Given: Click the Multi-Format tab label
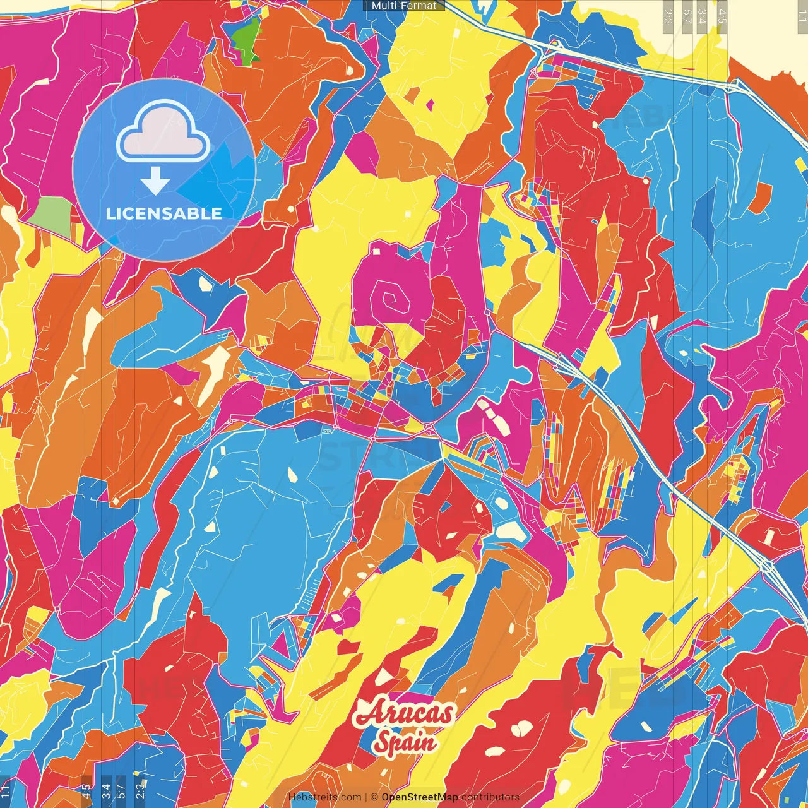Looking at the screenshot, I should click(x=404, y=6).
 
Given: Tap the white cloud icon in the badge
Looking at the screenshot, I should click(x=163, y=131).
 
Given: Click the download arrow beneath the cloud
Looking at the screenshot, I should click(x=155, y=182).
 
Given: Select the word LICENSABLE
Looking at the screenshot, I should click(x=164, y=213).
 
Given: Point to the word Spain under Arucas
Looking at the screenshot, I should click(x=405, y=742).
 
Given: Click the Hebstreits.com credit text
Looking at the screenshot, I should click(x=324, y=797).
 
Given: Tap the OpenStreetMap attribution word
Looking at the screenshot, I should click(x=419, y=797).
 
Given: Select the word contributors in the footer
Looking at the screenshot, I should click(x=490, y=797).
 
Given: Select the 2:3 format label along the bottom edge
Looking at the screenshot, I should click(x=140, y=790).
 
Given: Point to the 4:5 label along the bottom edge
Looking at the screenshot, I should click(x=86, y=790).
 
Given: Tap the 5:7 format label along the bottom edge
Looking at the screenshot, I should click(x=121, y=790).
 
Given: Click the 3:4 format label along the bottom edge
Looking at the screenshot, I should click(x=106, y=790).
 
